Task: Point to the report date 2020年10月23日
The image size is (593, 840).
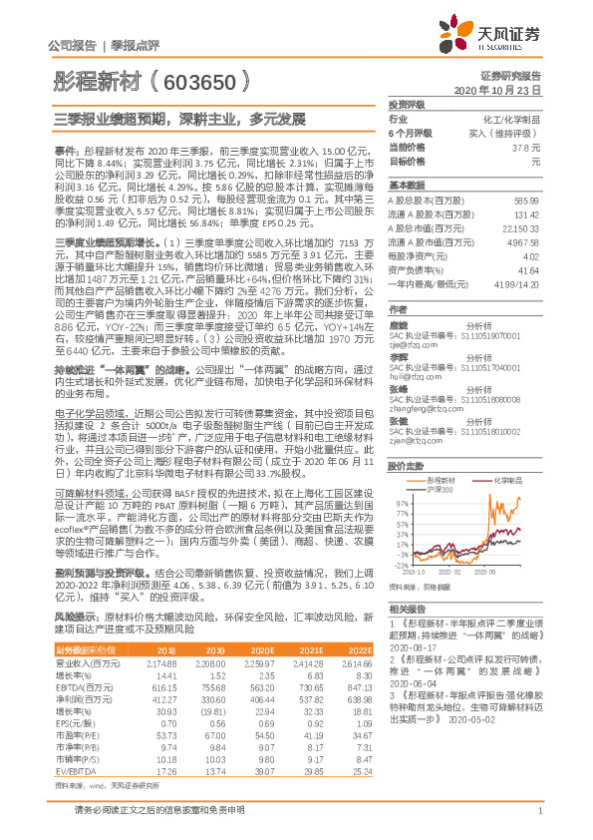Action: click(503, 90)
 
